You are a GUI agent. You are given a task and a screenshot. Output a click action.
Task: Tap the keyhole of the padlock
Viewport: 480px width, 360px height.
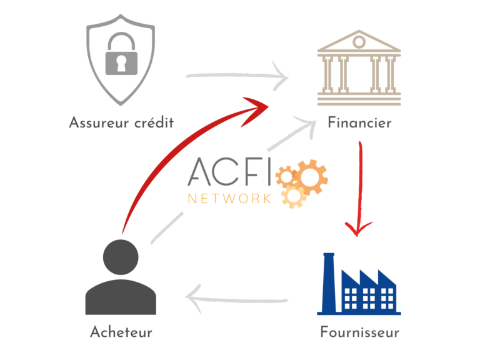pyautogui.click(x=121, y=63)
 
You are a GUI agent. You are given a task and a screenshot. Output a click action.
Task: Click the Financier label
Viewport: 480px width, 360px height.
pyautogui.click(x=360, y=123)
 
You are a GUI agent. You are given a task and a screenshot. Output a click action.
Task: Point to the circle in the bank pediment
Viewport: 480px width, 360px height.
pyautogui.click(x=359, y=42)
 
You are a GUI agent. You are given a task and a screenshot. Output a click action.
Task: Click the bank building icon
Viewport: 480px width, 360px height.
pyautogui.click(x=359, y=67)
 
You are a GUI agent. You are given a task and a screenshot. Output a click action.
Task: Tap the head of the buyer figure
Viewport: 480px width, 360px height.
pyautogui.click(x=121, y=257)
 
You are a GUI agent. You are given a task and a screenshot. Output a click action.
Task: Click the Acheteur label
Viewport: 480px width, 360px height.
pyautogui.click(x=121, y=332)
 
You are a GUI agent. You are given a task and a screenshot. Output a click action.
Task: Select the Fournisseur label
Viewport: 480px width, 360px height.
pyautogui.click(x=360, y=332)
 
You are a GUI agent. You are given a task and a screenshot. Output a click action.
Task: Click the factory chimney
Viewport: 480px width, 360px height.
pyautogui.click(x=329, y=282)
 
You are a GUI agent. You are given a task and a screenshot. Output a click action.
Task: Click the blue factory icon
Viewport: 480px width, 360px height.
pyautogui.click(x=359, y=284)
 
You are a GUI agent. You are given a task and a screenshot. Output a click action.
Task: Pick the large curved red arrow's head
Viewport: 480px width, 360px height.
pyautogui.click(x=256, y=110)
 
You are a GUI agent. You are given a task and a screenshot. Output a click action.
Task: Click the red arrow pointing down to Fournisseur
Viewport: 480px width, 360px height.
pyautogui.click(x=359, y=188)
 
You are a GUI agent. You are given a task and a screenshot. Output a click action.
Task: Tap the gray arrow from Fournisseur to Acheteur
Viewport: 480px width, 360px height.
pyautogui.click(x=237, y=299)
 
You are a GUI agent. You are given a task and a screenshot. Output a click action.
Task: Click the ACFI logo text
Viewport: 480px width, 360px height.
pyautogui.click(x=229, y=172)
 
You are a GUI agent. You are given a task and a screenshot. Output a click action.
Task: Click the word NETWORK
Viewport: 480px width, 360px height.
pyautogui.click(x=229, y=199)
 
